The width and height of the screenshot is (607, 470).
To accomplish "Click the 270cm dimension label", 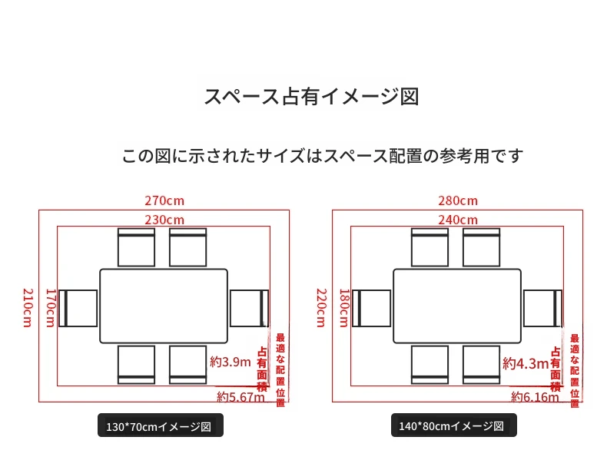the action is click(164, 200).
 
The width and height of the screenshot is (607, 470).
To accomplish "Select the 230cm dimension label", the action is click(164, 220).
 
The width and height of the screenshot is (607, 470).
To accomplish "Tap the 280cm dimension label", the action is click(458, 200).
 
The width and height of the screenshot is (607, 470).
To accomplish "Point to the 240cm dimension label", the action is click(458, 220).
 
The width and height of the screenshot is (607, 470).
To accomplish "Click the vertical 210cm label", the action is click(28, 307).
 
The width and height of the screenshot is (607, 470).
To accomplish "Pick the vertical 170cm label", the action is click(51, 307).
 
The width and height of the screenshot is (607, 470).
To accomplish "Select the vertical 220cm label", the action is click(321, 307).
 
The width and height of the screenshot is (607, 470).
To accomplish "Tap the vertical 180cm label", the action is click(344, 307).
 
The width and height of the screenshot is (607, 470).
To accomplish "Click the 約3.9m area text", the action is click(231, 362).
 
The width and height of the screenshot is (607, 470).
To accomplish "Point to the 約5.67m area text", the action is click(240, 397).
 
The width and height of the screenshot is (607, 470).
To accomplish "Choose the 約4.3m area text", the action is click(526, 363).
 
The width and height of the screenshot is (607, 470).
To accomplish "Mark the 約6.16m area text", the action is click(535, 397).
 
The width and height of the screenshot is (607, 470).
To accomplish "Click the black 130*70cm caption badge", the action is click(161, 425).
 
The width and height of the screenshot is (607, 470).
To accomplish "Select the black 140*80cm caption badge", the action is click(453, 425).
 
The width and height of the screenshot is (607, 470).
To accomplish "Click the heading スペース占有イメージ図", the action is click(312, 96).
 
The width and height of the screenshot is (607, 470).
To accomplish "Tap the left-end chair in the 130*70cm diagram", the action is click(78, 308).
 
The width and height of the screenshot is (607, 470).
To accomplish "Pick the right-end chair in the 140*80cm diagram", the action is click(542, 308).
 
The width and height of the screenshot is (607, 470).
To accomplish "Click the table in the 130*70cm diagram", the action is click(164, 306).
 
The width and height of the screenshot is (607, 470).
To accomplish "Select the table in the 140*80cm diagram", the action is click(457, 306).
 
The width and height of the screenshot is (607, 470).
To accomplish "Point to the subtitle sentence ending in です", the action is click(323, 156).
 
